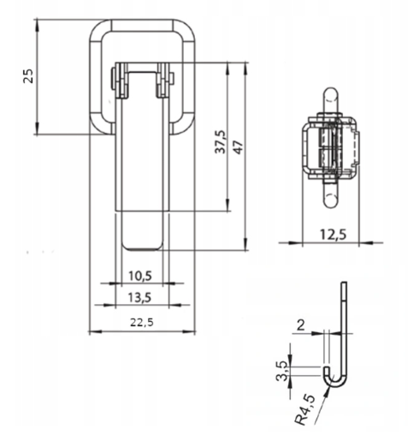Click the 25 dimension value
tap(28, 75)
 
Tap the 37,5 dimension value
tap(220, 142)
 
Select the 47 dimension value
tap(239, 147)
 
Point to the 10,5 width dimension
tap(140, 276)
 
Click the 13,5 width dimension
tap(139, 298)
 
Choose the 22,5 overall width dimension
tap(142, 323)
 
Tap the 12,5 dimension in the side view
tap(333, 235)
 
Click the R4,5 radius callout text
tap(305, 410)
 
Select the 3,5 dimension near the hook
tap(281, 371)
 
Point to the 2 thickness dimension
tap(301, 325)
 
